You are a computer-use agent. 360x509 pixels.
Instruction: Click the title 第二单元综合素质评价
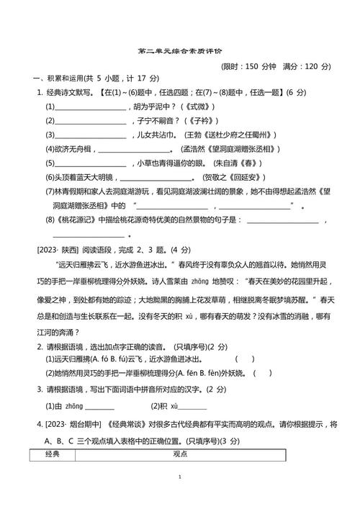pos(179,52)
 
